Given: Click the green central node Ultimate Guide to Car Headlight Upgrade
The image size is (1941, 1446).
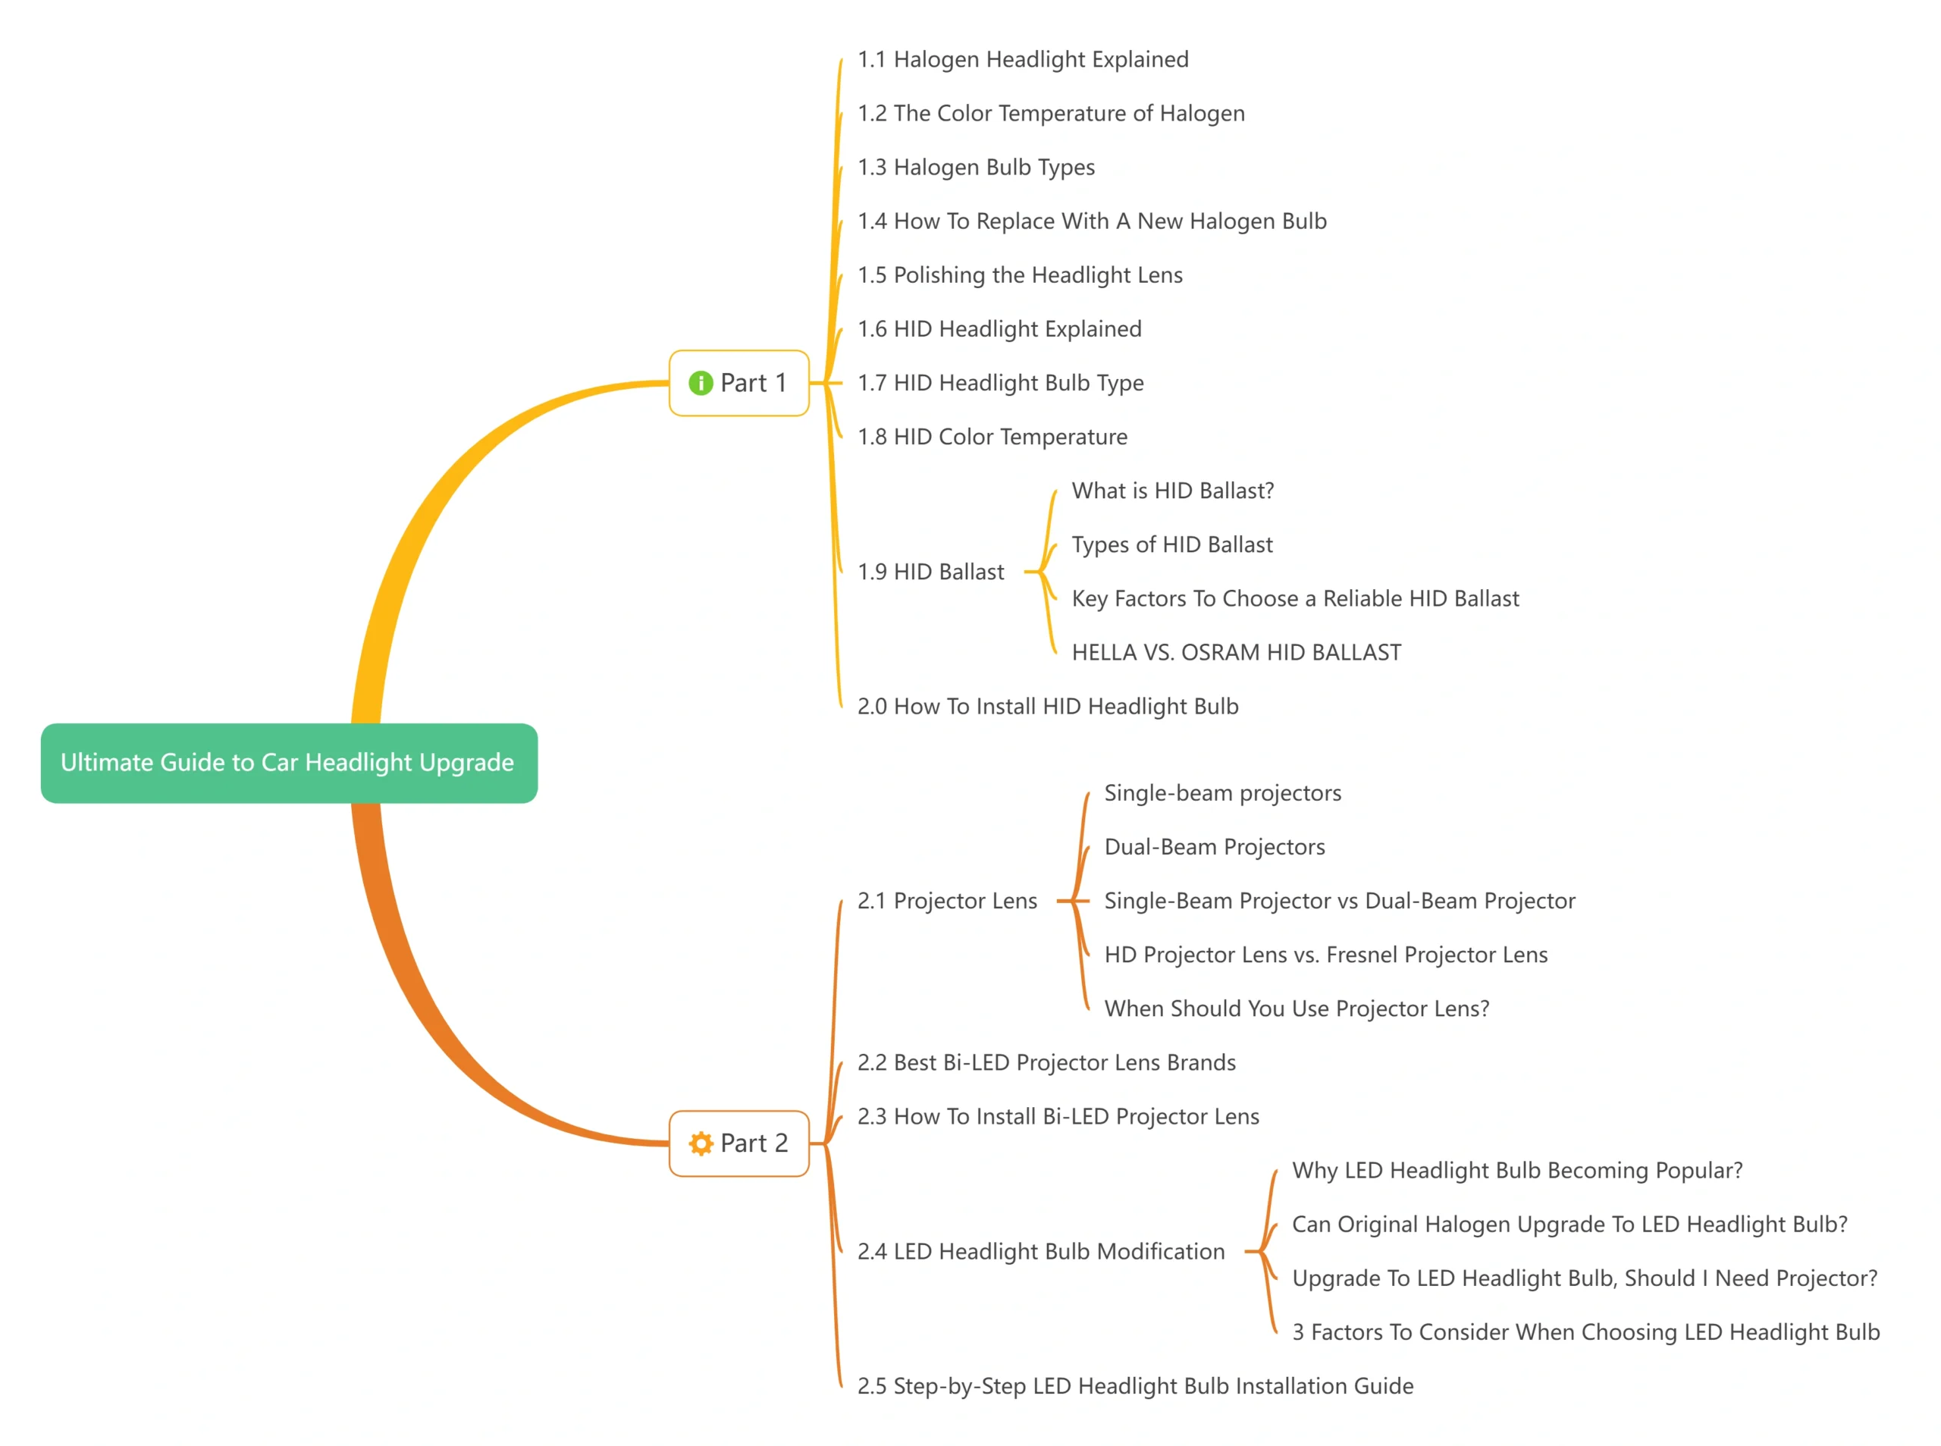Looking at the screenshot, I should pos(289,762).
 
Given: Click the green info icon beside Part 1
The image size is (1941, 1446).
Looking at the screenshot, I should pos(700,384).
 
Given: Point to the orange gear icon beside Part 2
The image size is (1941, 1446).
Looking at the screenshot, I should pos(700,1143).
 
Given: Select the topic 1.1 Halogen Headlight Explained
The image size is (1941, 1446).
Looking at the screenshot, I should pos(1022,59).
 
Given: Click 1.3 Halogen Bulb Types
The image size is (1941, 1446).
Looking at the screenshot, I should pos(975,167).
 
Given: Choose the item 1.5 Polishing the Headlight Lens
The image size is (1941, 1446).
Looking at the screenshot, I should pos(1020,274).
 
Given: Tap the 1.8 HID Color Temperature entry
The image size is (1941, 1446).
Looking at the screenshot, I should pos(992,437).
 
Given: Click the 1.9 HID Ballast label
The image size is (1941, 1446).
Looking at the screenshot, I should pos(930,572).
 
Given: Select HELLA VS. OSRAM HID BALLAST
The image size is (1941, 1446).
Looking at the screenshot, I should pos(1236,652).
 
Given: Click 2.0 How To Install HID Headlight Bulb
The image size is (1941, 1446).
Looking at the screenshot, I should pos(1048,707).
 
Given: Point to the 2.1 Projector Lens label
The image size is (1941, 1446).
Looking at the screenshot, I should pos(947,901).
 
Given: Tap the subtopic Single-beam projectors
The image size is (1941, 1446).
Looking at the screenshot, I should pos(1221,793).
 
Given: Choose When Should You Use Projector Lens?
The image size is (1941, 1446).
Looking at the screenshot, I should pos(1296,1008).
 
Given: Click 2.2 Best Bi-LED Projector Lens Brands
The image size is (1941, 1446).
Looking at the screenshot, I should pos(1046,1062).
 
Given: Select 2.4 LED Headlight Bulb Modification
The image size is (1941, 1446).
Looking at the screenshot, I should pos(1040,1252).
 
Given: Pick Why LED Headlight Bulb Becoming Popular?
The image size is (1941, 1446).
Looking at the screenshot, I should pos(1516,1170).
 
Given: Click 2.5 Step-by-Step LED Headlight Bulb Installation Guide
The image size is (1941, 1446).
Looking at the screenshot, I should pos(1135,1385).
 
